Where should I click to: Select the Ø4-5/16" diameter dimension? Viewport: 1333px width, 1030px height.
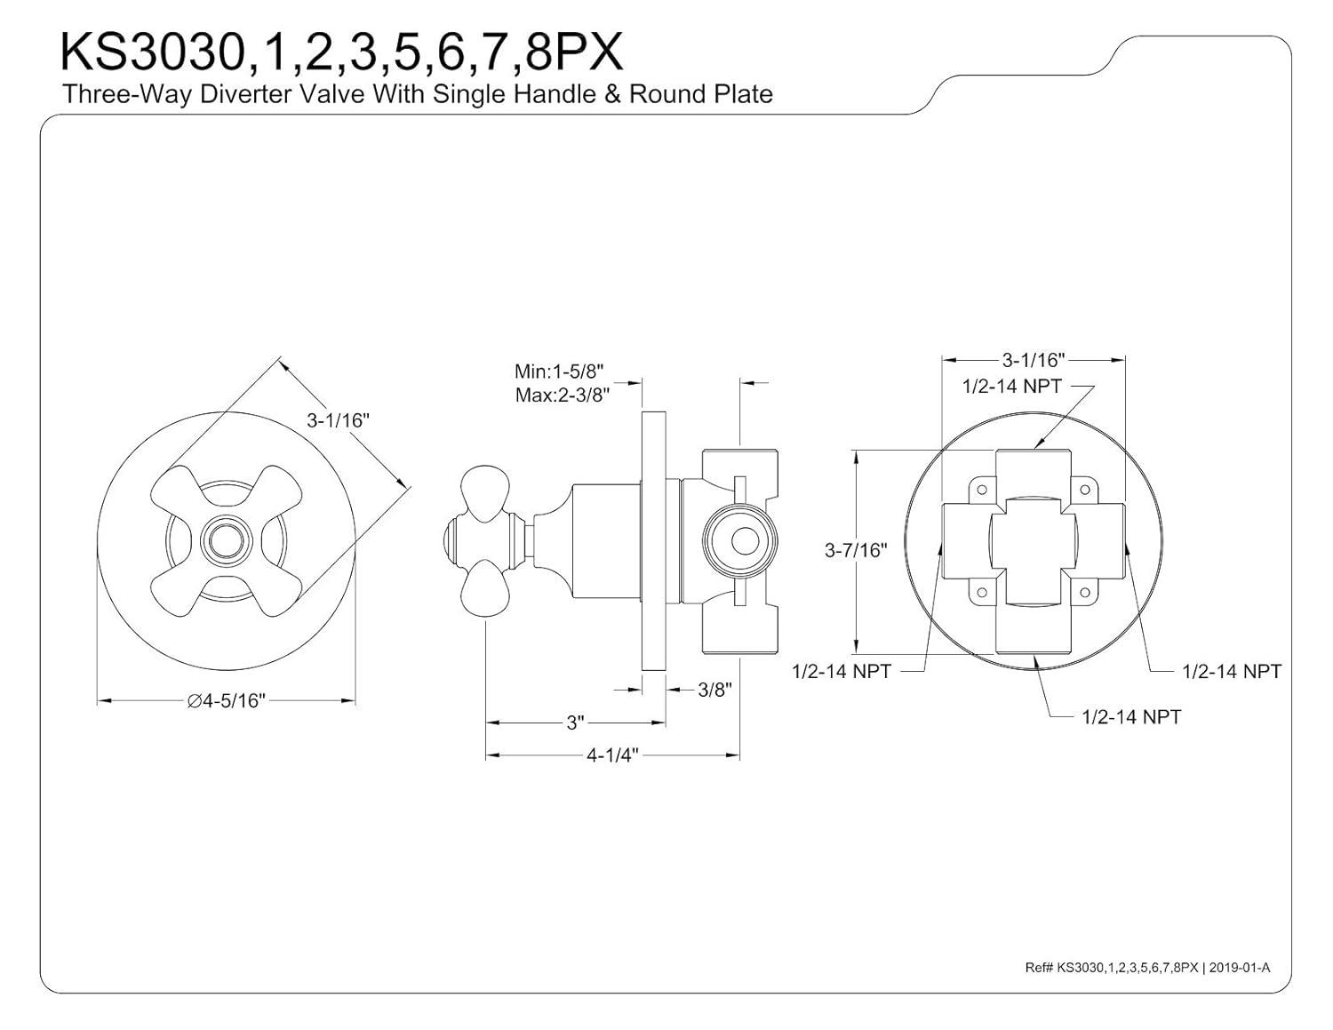click(226, 701)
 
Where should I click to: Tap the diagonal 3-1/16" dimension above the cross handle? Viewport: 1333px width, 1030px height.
click(337, 420)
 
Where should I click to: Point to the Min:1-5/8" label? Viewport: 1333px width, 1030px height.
click(560, 371)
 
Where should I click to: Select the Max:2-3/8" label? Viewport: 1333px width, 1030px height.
click(560, 395)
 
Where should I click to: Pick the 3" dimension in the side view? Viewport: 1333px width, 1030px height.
click(575, 723)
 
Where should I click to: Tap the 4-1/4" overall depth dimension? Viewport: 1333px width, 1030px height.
click(612, 756)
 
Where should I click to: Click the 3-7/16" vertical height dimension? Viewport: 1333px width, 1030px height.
click(856, 551)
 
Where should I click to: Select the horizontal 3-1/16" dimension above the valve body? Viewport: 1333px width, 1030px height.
click(1033, 360)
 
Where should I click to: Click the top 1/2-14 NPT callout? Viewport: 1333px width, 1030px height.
click(1011, 387)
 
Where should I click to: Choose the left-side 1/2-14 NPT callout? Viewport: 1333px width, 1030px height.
click(841, 672)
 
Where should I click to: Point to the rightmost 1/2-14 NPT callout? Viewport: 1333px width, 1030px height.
click(1231, 672)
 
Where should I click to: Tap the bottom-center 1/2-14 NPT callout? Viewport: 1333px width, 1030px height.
click(1130, 716)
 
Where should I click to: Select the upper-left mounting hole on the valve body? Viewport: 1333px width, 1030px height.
click(982, 488)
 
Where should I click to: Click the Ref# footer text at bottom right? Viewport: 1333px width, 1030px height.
click(1146, 968)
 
